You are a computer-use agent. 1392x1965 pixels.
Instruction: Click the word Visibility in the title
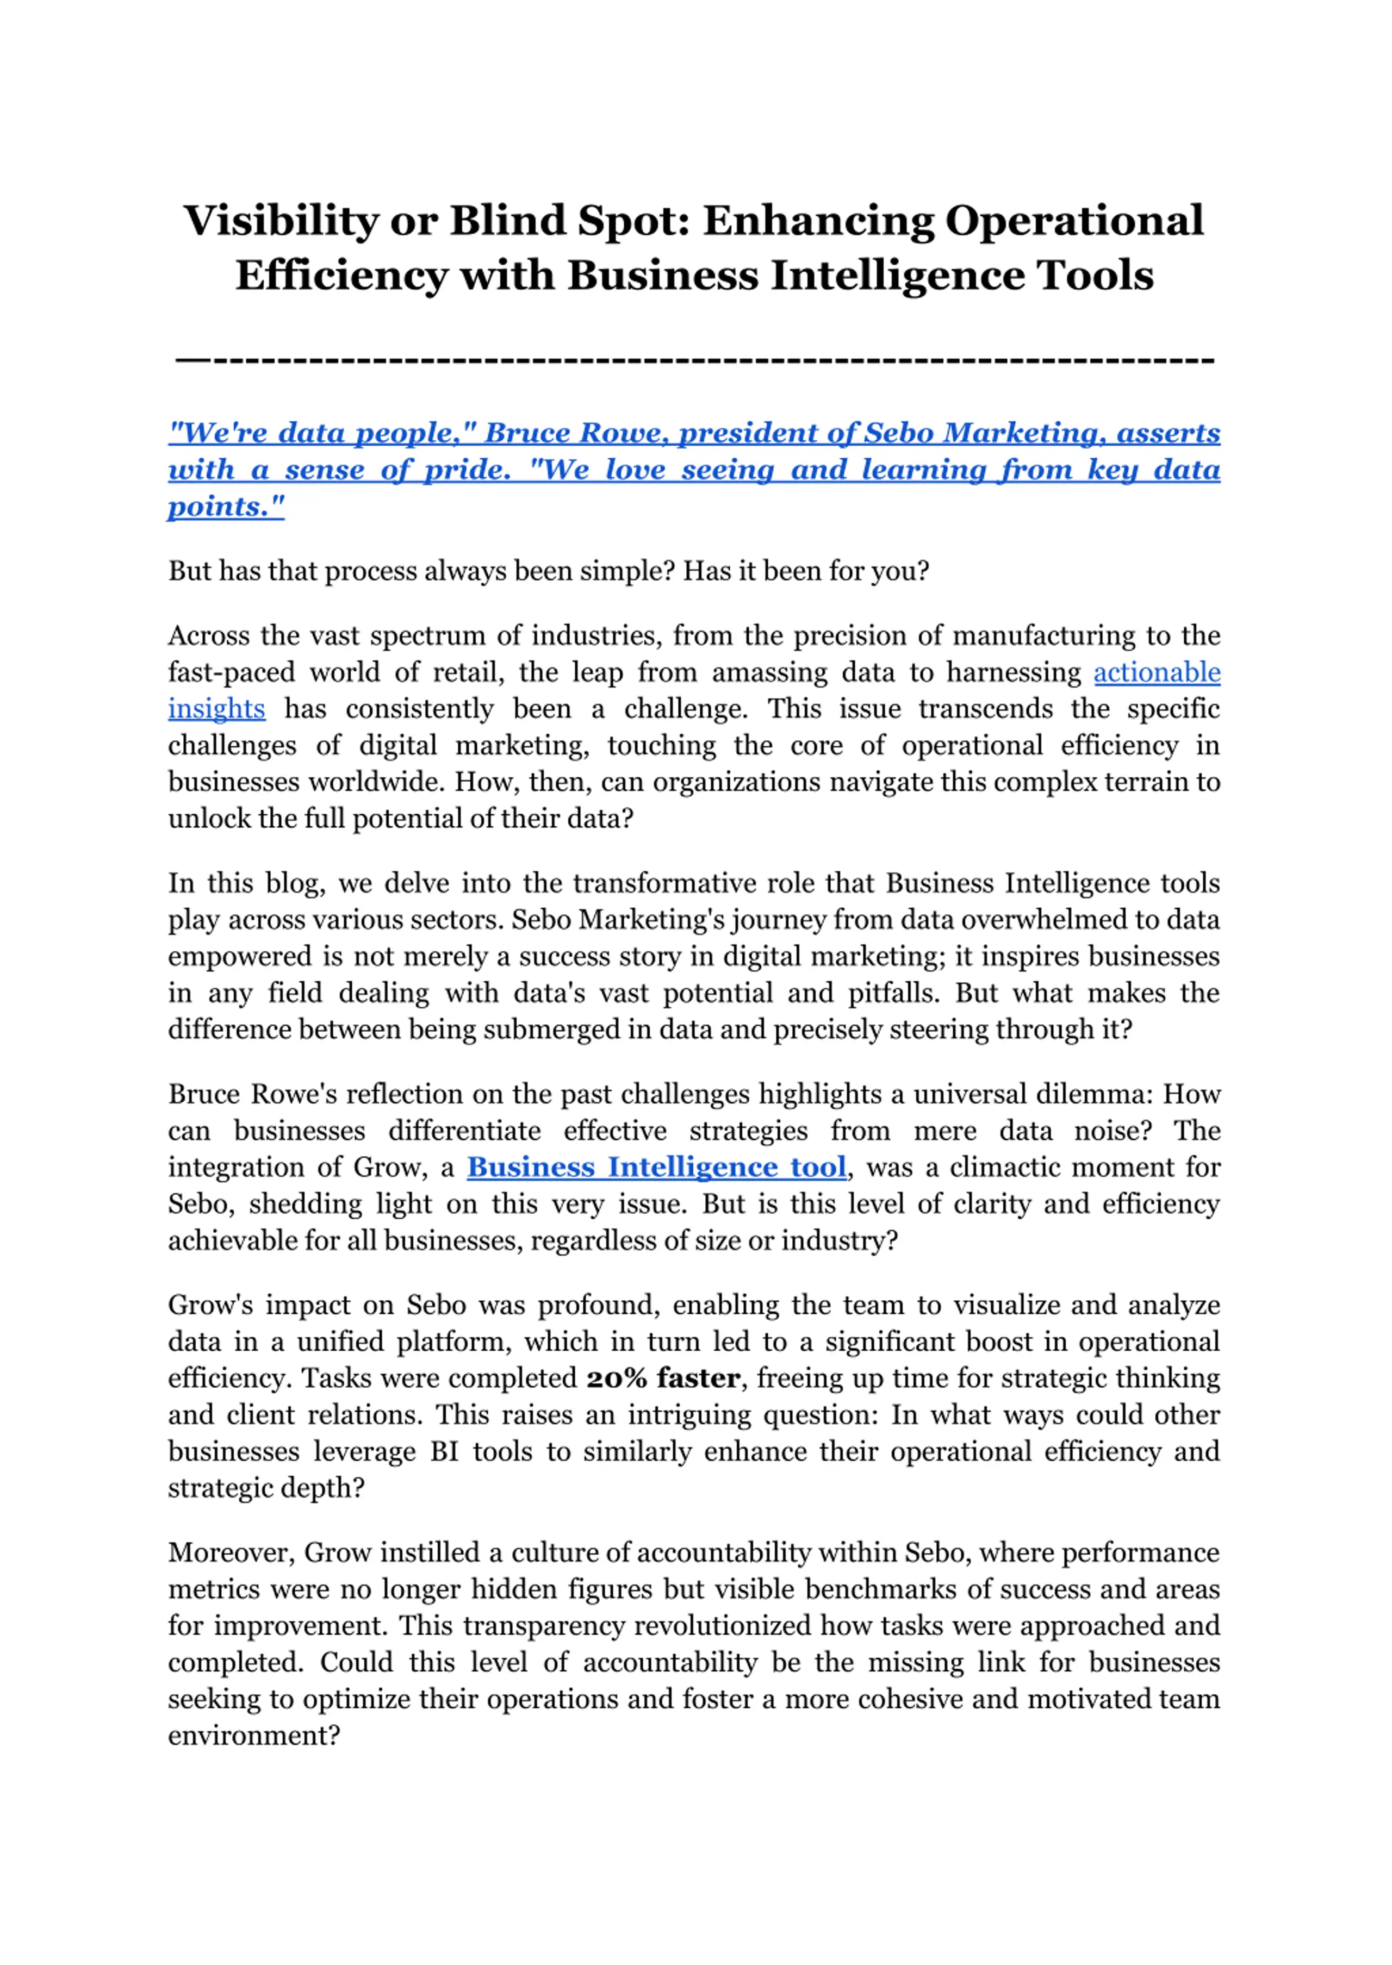[280, 221]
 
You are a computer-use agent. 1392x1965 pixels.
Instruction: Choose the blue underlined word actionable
[1157, 673]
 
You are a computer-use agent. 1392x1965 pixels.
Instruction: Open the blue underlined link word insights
[216, 709]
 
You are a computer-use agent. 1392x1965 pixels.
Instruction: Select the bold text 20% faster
[663, 1378]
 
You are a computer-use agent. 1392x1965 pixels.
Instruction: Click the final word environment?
[254, 1736]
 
